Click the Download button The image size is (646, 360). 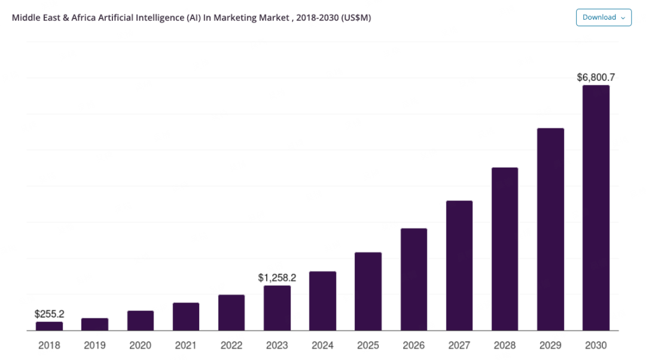(604, 17)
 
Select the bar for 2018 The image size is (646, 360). (50, 327)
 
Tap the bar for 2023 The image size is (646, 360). (278, 308)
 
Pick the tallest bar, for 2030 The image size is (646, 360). (596, 208)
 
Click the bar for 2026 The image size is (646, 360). (414, 280)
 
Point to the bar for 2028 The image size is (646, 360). (505, 249)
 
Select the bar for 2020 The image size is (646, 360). (141, 321)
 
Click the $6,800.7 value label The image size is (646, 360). (596, 77)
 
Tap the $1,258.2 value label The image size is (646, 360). (277, 277)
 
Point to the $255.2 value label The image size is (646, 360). (50, 314)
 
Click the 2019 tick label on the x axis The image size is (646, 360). (95, 345)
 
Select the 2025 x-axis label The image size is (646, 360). (368, 345)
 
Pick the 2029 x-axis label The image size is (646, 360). (550, 345)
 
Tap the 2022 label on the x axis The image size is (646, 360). (231, 345)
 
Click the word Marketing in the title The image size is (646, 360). (235, 18)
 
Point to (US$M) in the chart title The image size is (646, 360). (356, 18)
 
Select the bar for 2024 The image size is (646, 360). (322, 301)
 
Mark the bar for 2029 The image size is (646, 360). (550, 230)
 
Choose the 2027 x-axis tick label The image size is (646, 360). (459, 345)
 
